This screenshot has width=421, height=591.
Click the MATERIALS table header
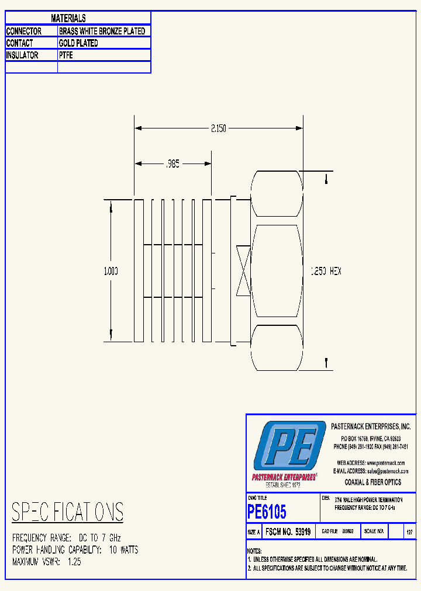(x=68, y=19)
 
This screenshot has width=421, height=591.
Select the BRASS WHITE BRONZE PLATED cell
(x=102, y=31)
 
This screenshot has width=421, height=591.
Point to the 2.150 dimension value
(x=219, y=128)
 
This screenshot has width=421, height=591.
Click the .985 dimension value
(x=172, y=165)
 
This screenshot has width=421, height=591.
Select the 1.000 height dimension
(x=111, y=271)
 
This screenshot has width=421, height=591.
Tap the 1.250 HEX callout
(x=325, y=271)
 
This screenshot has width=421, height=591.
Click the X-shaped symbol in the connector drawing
(x=243, y=270)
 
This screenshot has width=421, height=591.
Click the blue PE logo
(x=289, y=447)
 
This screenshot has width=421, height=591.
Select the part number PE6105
(x=267, y=512)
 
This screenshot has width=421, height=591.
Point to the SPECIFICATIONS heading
(x=68, y=512)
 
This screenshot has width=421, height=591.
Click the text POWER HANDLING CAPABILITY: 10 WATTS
(x=75, y=550)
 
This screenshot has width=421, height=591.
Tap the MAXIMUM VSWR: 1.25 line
(x=47, y=562)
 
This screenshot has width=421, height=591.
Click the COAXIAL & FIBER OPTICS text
(x=373, y=482)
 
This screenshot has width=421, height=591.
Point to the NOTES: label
(x=254, y=551)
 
